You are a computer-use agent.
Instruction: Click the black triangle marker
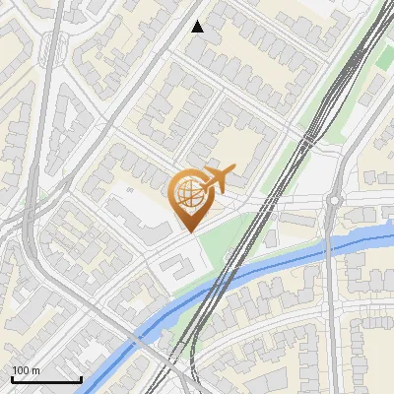tap(198, 27)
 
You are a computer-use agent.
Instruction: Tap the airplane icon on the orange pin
tap(218, 178)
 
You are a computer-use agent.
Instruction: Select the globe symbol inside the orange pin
tap(188, 194)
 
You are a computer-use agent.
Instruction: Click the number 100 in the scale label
tap(21, 370)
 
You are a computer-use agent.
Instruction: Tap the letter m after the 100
tap(35, 370)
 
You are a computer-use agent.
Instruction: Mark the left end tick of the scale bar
tap(12, 378)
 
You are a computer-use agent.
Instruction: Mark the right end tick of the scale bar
tap(81, 378)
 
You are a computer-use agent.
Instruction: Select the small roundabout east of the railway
tap(334, 200)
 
